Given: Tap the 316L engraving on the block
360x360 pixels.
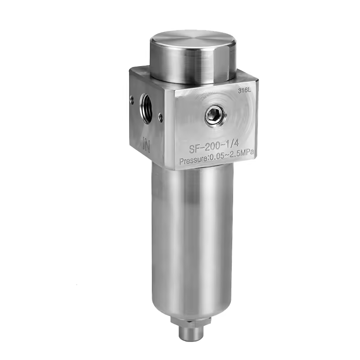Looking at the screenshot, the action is (244, 90).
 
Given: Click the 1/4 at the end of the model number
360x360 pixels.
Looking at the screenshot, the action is (232, 144).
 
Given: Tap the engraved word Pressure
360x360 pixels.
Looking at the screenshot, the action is (193, 160).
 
